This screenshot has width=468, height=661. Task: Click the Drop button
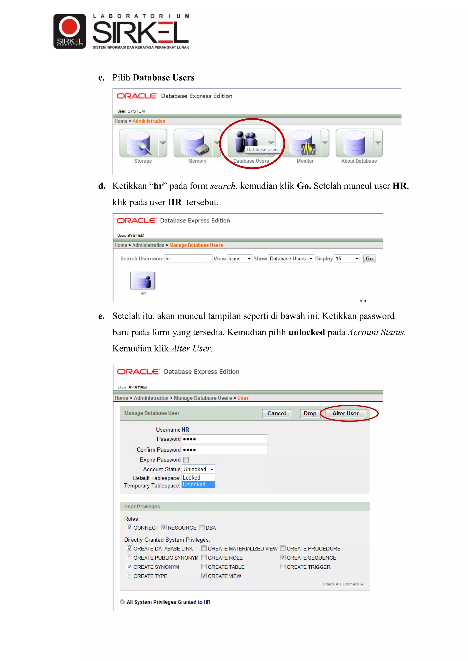pyautogui.click(x=310, y=413)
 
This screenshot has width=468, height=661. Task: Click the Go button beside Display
pyautogui.click(x=369, y=259)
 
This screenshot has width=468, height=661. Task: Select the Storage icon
pyautogui.click(x=139, y=143)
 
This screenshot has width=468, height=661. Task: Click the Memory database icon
pyautogui.click(x=193, y=143)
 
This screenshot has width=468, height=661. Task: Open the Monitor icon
pyautogui.click(x=301, y=143)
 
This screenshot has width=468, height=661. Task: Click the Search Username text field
pyautogui.click(x=188, y=259)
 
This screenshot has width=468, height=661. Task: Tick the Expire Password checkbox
pyautogui.click(x=186, y=460)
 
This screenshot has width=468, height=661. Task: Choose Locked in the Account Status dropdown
pyautogui.click(x=192, y=478)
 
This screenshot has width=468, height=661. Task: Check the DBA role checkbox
pyautogui.click(x=202, y=527)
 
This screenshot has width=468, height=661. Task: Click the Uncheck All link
pyautogui.click(x=354, y=584)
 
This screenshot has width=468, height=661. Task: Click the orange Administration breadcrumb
pyautogui.click(x=149, y=121)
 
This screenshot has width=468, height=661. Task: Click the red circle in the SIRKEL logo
pyautogui.click(x=69, y=26)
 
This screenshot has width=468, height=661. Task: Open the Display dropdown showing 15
pyautogui.click(x=347, y=259)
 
